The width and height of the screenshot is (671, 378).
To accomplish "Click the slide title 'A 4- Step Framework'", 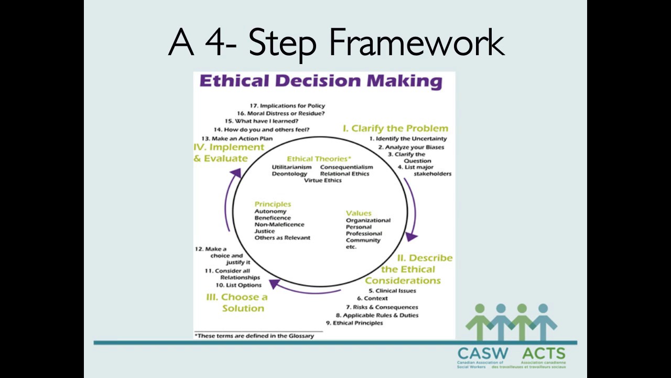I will click(335, 43).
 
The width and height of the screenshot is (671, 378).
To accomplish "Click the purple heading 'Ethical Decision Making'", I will click(320, 81).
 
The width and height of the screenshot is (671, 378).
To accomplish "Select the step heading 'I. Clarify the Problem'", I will click(395, 128).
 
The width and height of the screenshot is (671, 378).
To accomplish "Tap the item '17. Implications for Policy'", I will click(287, 106).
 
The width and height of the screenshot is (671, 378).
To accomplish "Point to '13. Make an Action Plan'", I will click(236, 139).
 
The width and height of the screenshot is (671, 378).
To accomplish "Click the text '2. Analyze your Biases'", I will click(411, 147).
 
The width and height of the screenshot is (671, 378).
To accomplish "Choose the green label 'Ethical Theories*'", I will click(319, 159).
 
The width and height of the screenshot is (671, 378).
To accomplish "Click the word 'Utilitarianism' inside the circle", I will click(291, 167).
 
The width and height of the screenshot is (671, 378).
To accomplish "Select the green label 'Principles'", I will click(273, 204).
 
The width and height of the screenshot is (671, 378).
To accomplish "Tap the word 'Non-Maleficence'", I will click(279, 224).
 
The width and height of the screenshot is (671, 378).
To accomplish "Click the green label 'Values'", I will click(359, 213).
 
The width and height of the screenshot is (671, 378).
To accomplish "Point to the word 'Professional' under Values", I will click(364, 234).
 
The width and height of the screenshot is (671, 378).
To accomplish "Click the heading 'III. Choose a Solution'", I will click(237, 302).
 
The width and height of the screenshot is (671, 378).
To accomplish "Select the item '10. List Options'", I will click(238, 285).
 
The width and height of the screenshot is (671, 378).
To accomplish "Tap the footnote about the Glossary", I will click(254, 335).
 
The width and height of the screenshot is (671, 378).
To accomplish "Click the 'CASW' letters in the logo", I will click(482, 353).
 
